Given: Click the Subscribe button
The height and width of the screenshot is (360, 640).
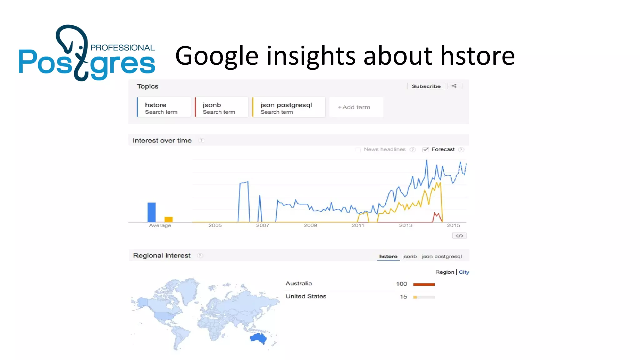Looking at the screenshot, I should click(x=426, y=86).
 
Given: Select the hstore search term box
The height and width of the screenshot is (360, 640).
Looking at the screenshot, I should click(x=164, y=107).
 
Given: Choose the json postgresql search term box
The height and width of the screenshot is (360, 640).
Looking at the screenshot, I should click(x=289, y=107).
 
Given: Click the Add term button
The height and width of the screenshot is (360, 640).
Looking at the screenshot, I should click(x=356, y=107).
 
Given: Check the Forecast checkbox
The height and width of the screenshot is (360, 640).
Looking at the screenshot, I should click(x=425, y=150).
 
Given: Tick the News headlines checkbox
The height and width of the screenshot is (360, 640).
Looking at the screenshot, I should click(x=358, y=150).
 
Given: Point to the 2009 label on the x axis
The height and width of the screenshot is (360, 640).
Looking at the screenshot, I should click(x=310, y=225).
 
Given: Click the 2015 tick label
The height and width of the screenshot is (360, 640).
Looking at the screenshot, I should click(x=453, y=225).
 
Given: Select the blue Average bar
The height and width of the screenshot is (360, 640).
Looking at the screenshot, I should click(x=152, y=212).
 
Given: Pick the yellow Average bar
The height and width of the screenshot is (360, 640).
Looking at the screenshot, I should click(x=168, y=219).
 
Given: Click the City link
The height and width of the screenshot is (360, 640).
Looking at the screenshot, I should click(x=464, y=272).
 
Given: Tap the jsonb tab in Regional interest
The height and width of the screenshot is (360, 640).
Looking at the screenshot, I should click(x=409, y=257).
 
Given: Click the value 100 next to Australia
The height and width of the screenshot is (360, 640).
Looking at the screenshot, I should click(x=401, y=284).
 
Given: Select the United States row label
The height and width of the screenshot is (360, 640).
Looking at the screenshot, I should click(x=306, y=296).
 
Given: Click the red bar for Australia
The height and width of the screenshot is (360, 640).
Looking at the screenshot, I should click(x=424, y=284).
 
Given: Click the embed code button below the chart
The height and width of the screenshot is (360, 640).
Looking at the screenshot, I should click(x=459, y=236).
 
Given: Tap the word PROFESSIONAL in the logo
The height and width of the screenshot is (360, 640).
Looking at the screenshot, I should click(x=122, y=48).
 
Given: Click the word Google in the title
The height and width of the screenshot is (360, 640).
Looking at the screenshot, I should click(x=217, y=56).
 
